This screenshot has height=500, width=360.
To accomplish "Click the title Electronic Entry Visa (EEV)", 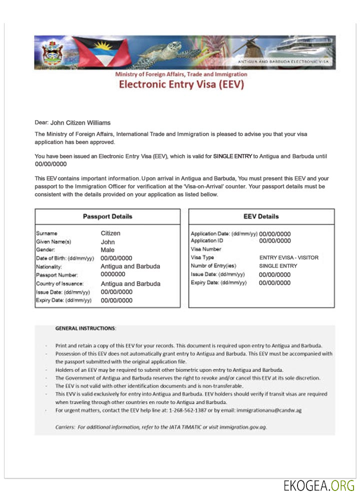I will pyautogui.click(x=181, y=84).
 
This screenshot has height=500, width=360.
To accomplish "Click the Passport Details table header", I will pyautogui.click(x=107, y=216).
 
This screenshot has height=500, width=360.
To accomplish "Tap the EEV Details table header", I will pyautogui.click(x=261, y=216).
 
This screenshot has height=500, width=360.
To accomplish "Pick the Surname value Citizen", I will pyautogui.click(x=110, y=233).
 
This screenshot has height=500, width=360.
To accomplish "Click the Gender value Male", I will pyautogui.click(x=107, y=249).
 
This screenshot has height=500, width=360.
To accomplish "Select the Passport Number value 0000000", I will pyautogui.click(x=112, y=274).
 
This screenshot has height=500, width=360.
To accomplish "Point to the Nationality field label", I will pyautogui.click(x=49, y=266).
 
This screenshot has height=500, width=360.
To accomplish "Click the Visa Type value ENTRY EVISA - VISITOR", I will pyautogui.click(x=288, y=257).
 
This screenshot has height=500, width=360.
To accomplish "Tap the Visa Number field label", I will pyautogui.click(x=206, y=249).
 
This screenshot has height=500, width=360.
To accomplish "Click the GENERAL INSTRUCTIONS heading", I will pyautogui.click(x=85, y=328).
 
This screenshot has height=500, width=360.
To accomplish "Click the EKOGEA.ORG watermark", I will pyautogui.click(x=318, y=485).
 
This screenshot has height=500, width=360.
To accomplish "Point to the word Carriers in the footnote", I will pyautogui.click(x=65, y=427).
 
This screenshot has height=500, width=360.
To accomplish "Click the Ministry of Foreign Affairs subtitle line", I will pyautogui.click(x=181, y=74).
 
